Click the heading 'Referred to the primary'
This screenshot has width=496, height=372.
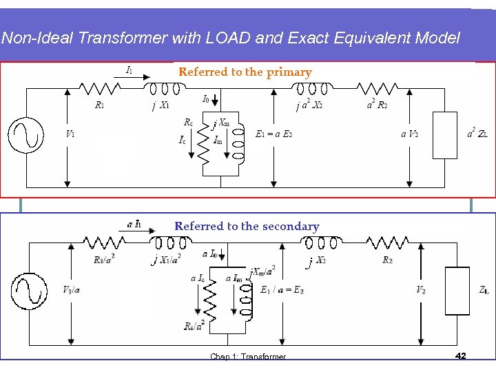[x=245, y=72]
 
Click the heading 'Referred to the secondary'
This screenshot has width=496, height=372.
[x=247, y=226]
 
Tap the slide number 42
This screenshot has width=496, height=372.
[x=461, y=355]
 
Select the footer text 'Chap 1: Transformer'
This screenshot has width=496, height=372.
[x=248, y=356]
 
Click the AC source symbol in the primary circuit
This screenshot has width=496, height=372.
[x=25, y=132]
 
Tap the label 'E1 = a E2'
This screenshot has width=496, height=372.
[x=273, y=134]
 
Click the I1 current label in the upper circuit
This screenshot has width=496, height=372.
[x=128, y=69]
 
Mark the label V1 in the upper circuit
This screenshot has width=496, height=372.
[x=70, y=134]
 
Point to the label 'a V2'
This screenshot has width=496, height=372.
[x=409, y=134]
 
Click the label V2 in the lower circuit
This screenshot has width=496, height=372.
[x=421, y=290]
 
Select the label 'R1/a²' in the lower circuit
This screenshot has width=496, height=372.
[x=104, y=260]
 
